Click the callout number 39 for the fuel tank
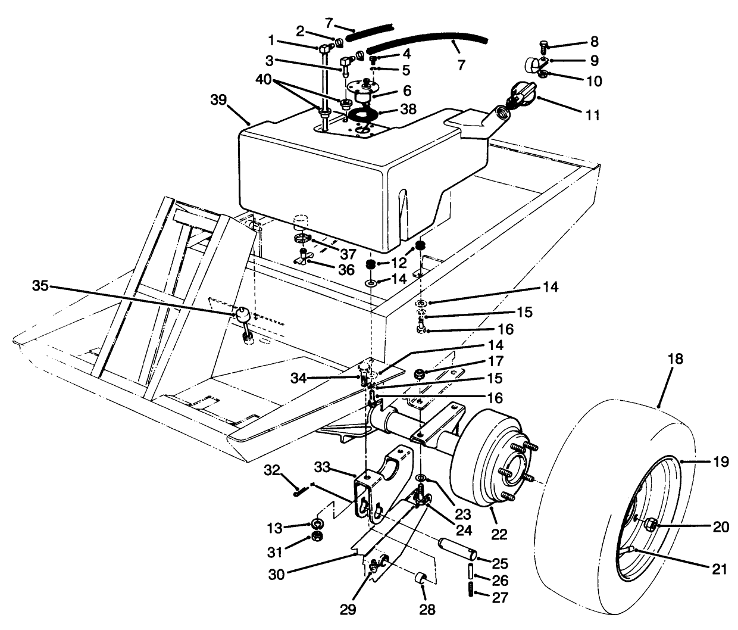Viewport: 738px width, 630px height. [x=218, y=100]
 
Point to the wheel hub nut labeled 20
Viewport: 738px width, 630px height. [x=650, y=525]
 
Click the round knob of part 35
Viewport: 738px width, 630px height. [x=240, y=313]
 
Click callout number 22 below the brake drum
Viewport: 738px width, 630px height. [x=499, y=534]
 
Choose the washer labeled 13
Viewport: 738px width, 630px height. [x=318, y=523]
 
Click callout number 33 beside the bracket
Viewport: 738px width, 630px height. [x=340, y=469]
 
